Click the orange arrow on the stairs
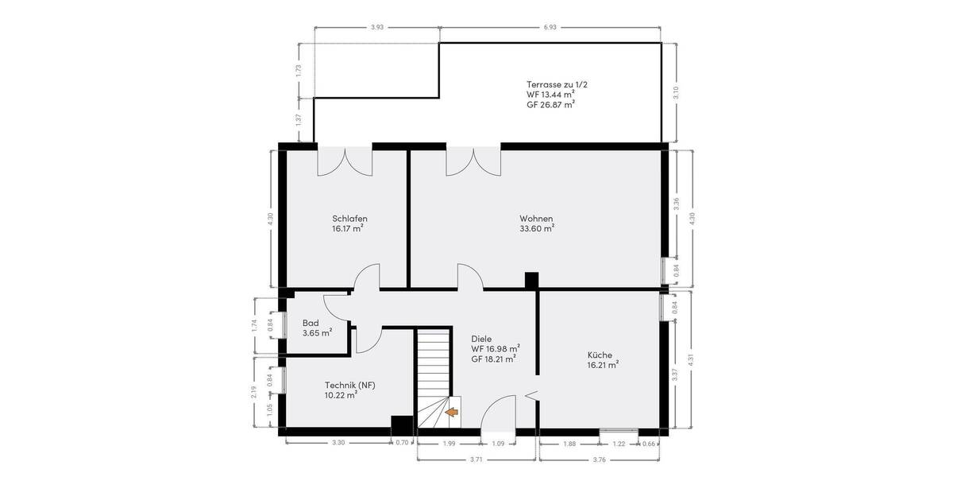pyautogui.click(x=451, y=412)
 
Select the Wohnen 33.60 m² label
pyautogui.click(x=536, y=223)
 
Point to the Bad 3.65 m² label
pyautogui.click(x=316, y=328)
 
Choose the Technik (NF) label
pyautogui.click(x=349, y=390)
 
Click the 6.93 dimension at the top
pyautogui.click(x=550, y=28)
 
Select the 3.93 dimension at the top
pyautogui.click(x=377, y=28)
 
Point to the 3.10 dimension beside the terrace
pyautogui.click(x=676, y=91)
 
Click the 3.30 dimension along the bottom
pyautogui.click(x=338, y=443)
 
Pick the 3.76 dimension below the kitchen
pyautogui.click(x=600, y=460)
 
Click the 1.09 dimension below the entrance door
pyautogui.click(x=498, y=443)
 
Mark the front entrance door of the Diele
pyautogui.click(x=499, y=413)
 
